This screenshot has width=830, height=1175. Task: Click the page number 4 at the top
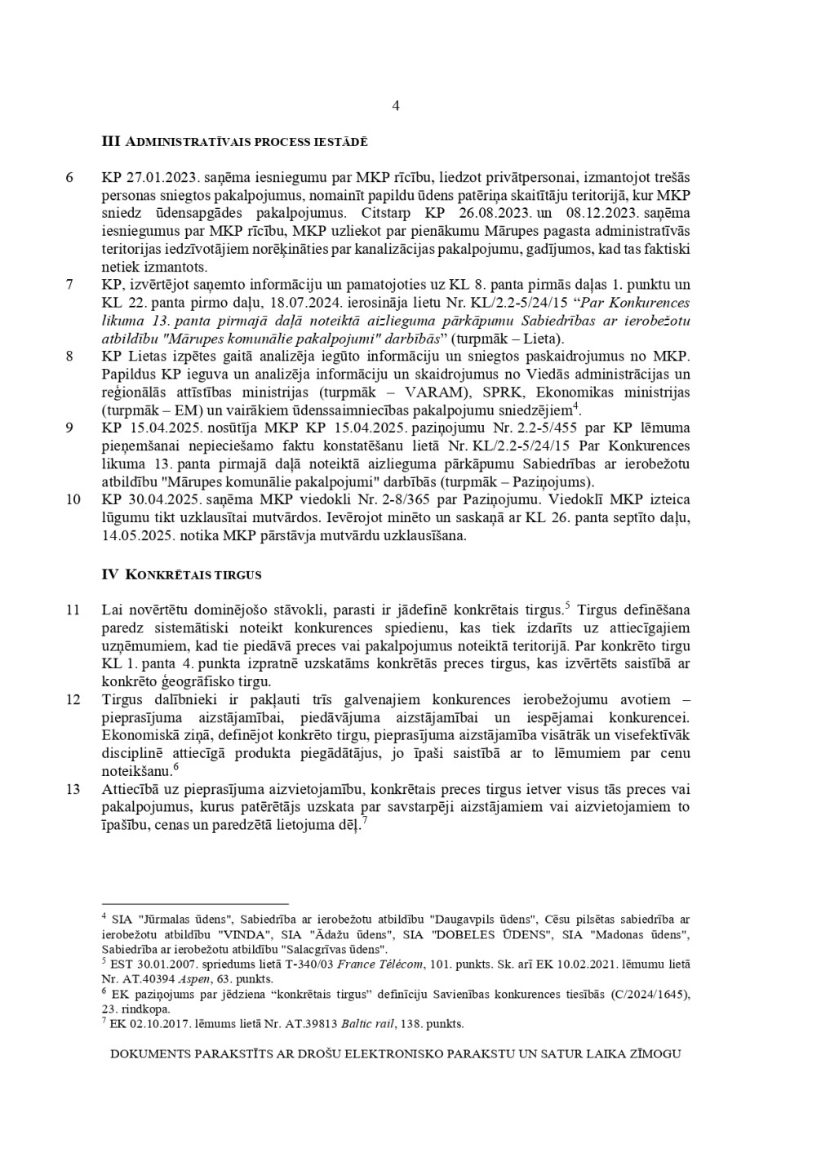pos(396,105)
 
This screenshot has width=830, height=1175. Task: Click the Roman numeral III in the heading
pos(111,142)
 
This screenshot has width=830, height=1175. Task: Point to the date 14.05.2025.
pos(135,536)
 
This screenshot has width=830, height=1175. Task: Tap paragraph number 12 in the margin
pos(73,699)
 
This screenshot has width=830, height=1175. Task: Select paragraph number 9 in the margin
pos(70,428)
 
